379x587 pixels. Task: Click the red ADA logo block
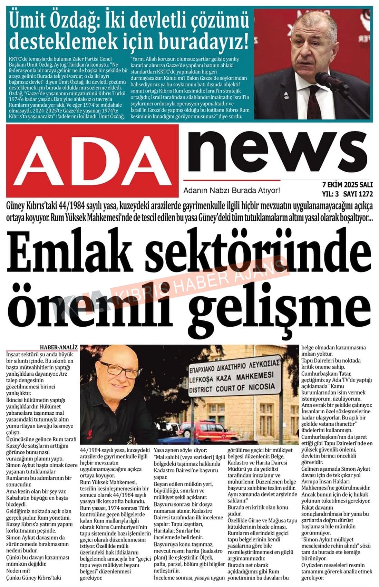point(93,161)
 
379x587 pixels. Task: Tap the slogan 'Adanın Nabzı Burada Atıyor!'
point(231,190)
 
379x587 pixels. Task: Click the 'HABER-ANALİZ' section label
point(59,347)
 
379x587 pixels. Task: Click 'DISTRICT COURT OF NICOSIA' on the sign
point(235,388)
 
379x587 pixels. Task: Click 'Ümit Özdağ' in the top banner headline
point(52,19)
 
